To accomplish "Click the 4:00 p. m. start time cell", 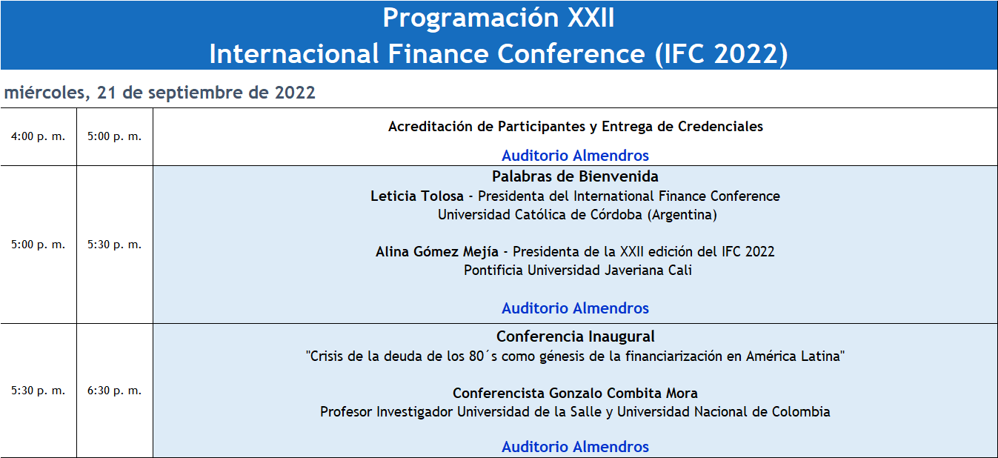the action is coord(39,136).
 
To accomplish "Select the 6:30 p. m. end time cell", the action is coord(115,391).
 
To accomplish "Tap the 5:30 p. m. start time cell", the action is coord(39,391).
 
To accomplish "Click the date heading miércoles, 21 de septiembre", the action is coord(159,93).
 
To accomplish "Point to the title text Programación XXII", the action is coord(499,18).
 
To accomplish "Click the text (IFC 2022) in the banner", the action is coord(722,54).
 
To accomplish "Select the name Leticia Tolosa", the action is coord(417,196).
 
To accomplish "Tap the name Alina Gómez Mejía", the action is coord(436,252).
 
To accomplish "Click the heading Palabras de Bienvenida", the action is coord(575,176).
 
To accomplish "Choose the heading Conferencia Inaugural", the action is coord(575,336).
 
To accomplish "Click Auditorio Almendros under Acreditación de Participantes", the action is coord(575,156).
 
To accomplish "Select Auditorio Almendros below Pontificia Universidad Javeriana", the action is coord(575,308).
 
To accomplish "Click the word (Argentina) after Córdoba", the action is coord(682,215).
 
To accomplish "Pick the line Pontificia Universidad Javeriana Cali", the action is coord(577,271).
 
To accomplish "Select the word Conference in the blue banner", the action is coord(571,54).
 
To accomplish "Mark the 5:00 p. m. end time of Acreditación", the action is coord(115,136).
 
